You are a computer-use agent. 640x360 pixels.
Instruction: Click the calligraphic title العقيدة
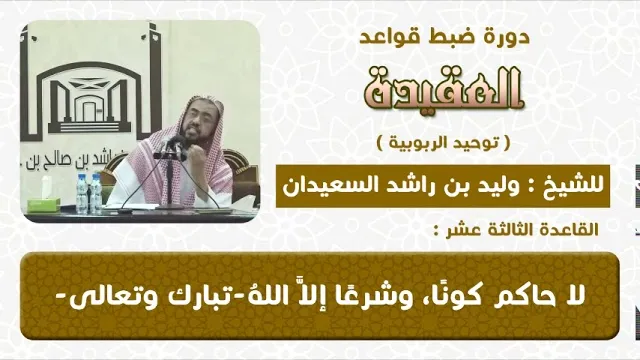[444, 89]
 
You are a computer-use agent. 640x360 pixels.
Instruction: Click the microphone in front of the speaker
[173, 147]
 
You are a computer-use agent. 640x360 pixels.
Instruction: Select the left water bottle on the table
[82, 194]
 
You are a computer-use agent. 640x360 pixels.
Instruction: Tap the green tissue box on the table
[43, 204]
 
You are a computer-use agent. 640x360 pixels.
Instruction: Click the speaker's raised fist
[200, 156]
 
